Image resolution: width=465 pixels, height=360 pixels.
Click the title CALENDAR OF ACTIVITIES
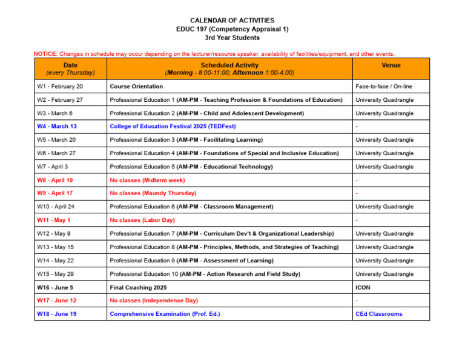pyautogui.click(x=232, y=21)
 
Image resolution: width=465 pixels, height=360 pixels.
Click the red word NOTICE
pyautogui.click(x=45, y=54)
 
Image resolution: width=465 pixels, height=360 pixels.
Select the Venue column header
pyautogui.click(x=391, y=65)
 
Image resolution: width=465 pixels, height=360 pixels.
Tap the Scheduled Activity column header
pyautogui.click(x=229, y=68)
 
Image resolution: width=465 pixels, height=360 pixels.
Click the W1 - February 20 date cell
pyautogui.click(x=60, y=87)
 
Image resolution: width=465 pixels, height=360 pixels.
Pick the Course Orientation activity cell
pyautogui.click(x=136, y=87)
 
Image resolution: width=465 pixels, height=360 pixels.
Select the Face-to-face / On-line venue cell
pyautogui.click(x=384, y=87)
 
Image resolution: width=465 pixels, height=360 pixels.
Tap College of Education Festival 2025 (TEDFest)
pyautogui.click(x=173, y=127)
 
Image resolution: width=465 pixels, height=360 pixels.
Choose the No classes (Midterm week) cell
pyautogui.click(x=147, y=180)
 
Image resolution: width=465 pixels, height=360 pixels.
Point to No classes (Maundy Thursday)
pyautogui.click(x=153, y=193)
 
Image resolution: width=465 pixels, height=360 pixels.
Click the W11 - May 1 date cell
pyautogui.click(x=53, y=220)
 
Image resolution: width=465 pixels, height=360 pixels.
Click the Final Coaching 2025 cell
pyautogui.click(x=138, y=287)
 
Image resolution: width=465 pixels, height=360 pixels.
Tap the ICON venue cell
pyautogui.click(x=363, y=287)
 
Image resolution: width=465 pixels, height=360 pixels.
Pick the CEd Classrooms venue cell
pyautogui.click(x=378, y=314)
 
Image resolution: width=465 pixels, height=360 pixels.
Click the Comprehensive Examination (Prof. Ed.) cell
pyautogui.click(x=165, y=314)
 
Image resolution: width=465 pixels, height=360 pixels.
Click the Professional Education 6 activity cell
pyautogui.click(x=191, y=207)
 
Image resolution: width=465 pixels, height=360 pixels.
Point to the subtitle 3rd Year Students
pyautogui.click(x=232, y=38)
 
